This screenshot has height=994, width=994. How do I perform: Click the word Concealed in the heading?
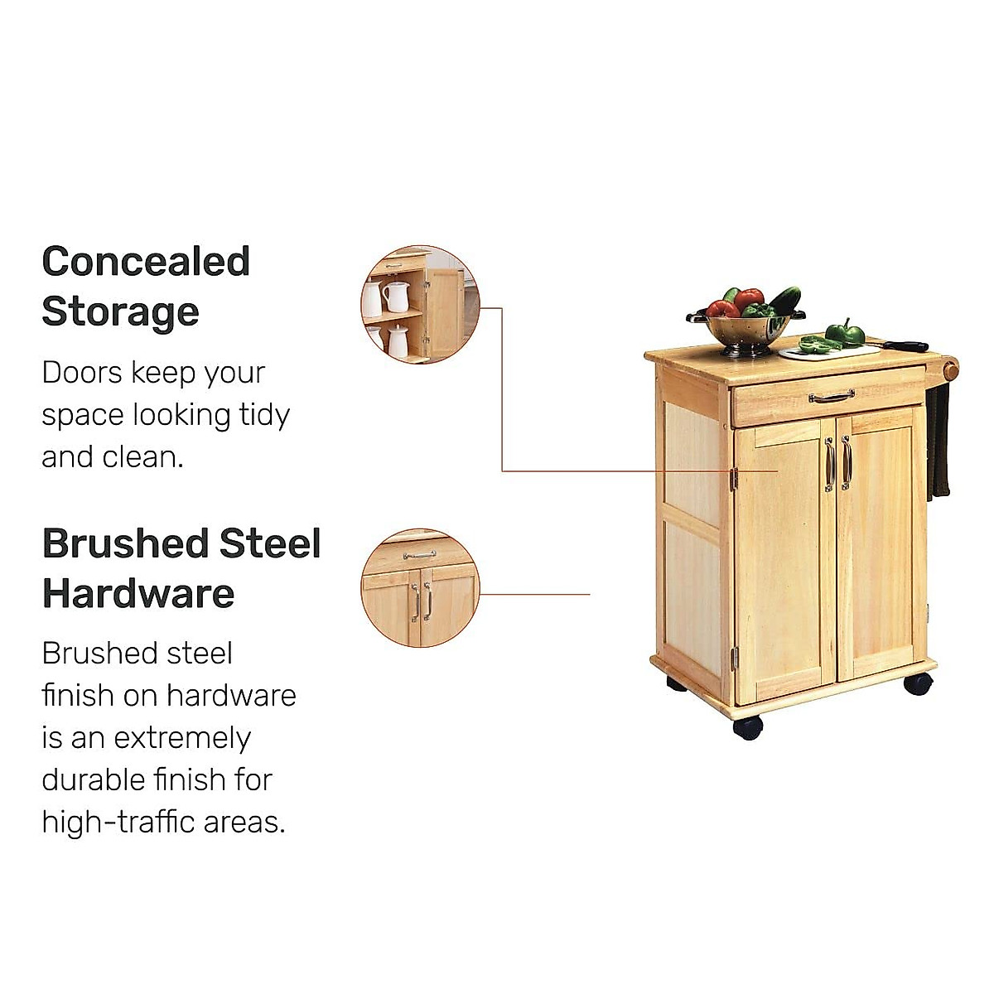[x=146, y=262]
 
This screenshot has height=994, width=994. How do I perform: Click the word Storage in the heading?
[x=120, y=312]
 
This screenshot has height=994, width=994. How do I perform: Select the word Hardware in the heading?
[x=138, y=594]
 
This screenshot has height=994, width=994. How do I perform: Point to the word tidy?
[x=264, y=414]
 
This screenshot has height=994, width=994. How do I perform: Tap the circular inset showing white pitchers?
[x=420, y=304]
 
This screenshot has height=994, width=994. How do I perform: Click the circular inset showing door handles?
[x=420, y=588]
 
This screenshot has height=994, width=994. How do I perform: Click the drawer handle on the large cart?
[x=831, y=398]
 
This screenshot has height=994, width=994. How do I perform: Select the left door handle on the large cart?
[x=828, y=464]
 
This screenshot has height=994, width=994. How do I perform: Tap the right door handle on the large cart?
[x=846, y=462]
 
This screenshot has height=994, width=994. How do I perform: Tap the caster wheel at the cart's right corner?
[x=918, y=683]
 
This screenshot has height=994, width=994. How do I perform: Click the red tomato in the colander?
[x=722, y=310]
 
